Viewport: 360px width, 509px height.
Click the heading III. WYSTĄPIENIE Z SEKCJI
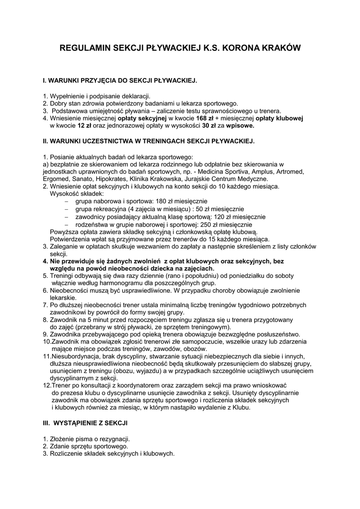coord(86,423)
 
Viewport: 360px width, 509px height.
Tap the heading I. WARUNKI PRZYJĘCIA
coord(120,80)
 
